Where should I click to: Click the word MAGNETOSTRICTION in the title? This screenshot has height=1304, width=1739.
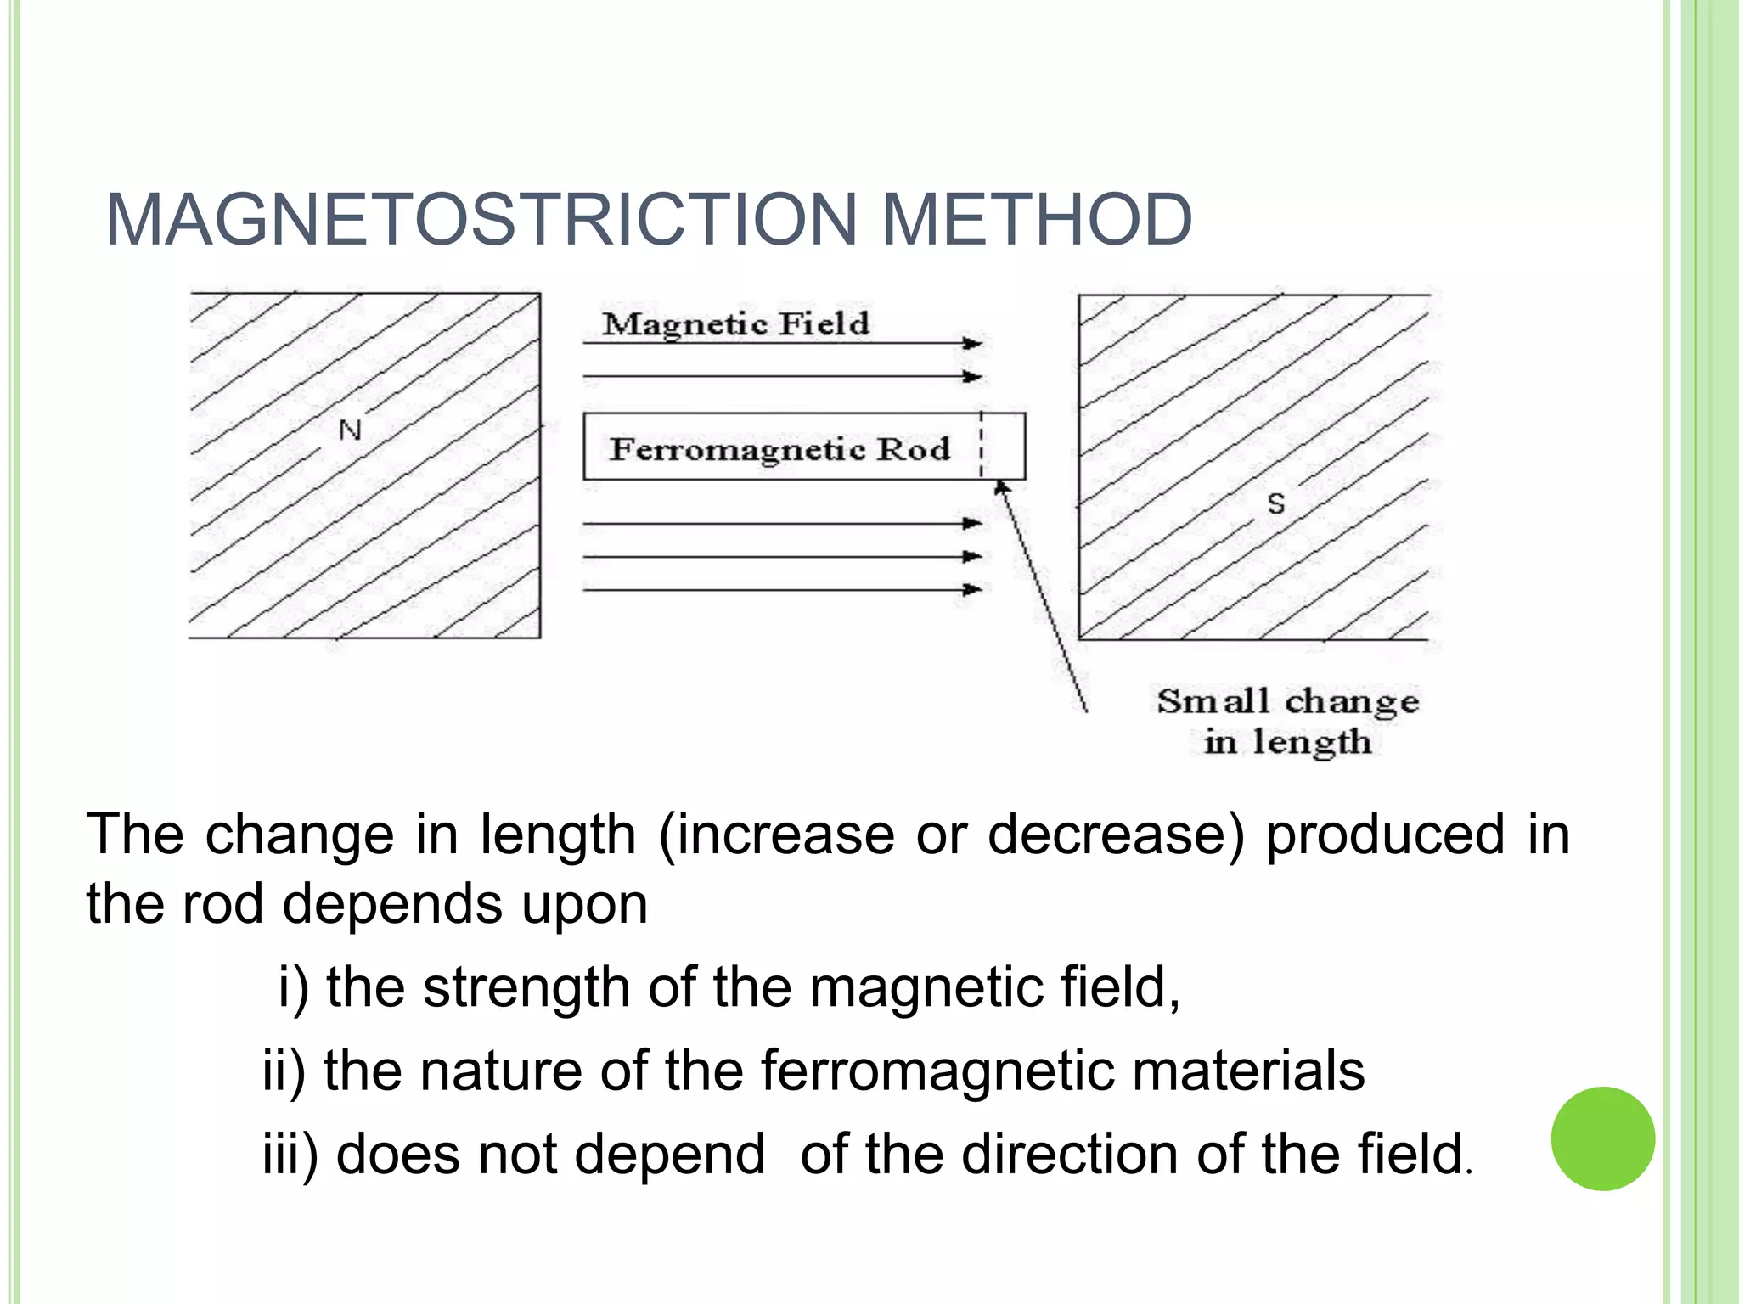coord(481,220)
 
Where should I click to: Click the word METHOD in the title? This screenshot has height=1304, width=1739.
coord(1037,220)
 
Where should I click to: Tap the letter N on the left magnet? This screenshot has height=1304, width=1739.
coord(350,430)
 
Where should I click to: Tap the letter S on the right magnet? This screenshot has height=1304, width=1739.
coord(1275,504)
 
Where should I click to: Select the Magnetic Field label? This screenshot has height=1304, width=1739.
coord(735,323)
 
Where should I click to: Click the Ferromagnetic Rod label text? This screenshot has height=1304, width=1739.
coord(779,448)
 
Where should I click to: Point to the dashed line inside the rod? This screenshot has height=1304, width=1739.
coord(982,447)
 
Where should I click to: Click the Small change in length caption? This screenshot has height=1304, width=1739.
coord(1287,721)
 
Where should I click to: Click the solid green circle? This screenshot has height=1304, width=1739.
coord(1602,1138)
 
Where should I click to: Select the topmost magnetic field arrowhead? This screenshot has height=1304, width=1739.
coord(972,343)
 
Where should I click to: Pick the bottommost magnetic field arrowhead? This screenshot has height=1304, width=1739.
coord(972,589)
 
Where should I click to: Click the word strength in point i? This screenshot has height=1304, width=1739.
coord(526,987)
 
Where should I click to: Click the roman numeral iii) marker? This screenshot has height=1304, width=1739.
coord(290,1154)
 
